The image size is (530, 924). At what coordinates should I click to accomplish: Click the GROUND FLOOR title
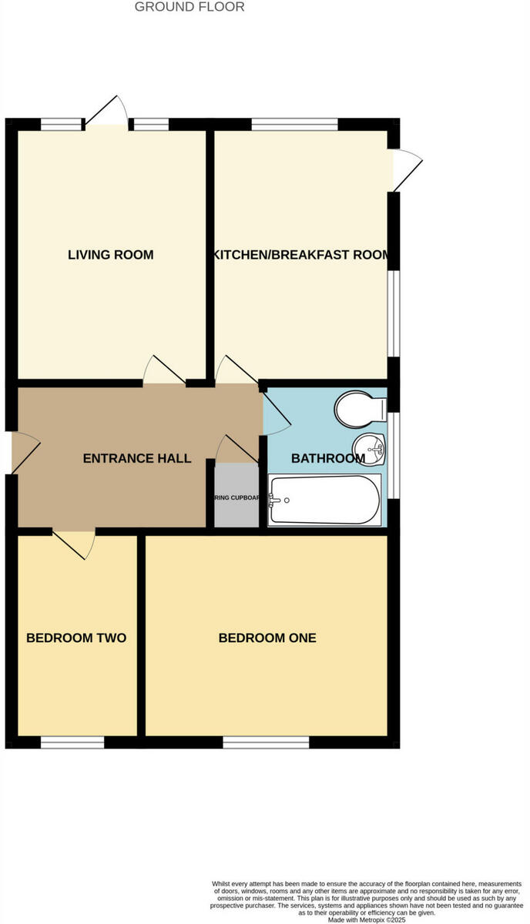tap(190, 7)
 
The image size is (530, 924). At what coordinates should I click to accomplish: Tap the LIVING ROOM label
tap(111, 255)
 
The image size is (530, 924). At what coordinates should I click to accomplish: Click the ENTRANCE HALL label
tap(137, 458)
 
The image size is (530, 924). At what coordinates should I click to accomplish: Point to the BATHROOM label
tap(327, 458)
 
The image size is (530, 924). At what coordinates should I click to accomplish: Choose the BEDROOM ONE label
tap(267, 638)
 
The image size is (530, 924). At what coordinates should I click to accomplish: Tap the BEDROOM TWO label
tap(76, 638)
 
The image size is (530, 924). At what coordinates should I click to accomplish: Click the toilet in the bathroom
tap(361, 408)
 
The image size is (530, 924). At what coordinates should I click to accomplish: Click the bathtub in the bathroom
tap(324, 500)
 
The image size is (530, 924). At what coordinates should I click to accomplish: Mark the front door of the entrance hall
tap(23, 454)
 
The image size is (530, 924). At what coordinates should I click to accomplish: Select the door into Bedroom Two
tap(74, 541)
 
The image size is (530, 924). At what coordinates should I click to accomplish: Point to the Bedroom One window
tap(266, 742)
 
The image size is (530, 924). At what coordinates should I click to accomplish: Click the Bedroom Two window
tap(72, 742)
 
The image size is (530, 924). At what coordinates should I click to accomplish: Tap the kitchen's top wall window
tap(294, 124)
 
